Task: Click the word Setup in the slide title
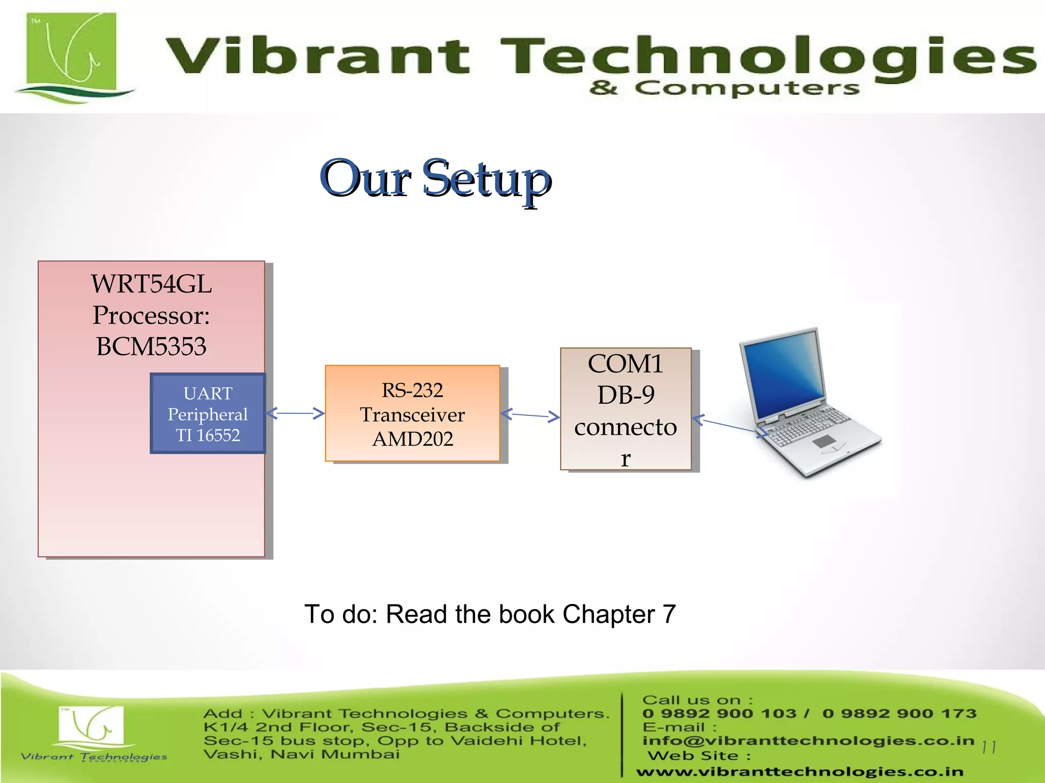coord(487,178)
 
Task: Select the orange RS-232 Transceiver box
coord(412,414)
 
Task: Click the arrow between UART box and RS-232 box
coord(295,413)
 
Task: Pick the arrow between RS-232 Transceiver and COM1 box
coord(530,415)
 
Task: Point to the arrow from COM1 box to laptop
coord(730,426)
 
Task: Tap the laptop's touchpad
coord(824,441)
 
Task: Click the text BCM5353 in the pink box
coord(151,347)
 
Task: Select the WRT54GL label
coord(151,284)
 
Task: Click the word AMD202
coord(412,439)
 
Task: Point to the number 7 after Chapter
coord(669,614)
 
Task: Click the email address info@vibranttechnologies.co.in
coord(808,740)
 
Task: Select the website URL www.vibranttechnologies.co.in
coord(800,772)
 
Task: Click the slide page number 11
coord(988,747)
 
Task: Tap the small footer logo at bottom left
coord(92,732)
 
